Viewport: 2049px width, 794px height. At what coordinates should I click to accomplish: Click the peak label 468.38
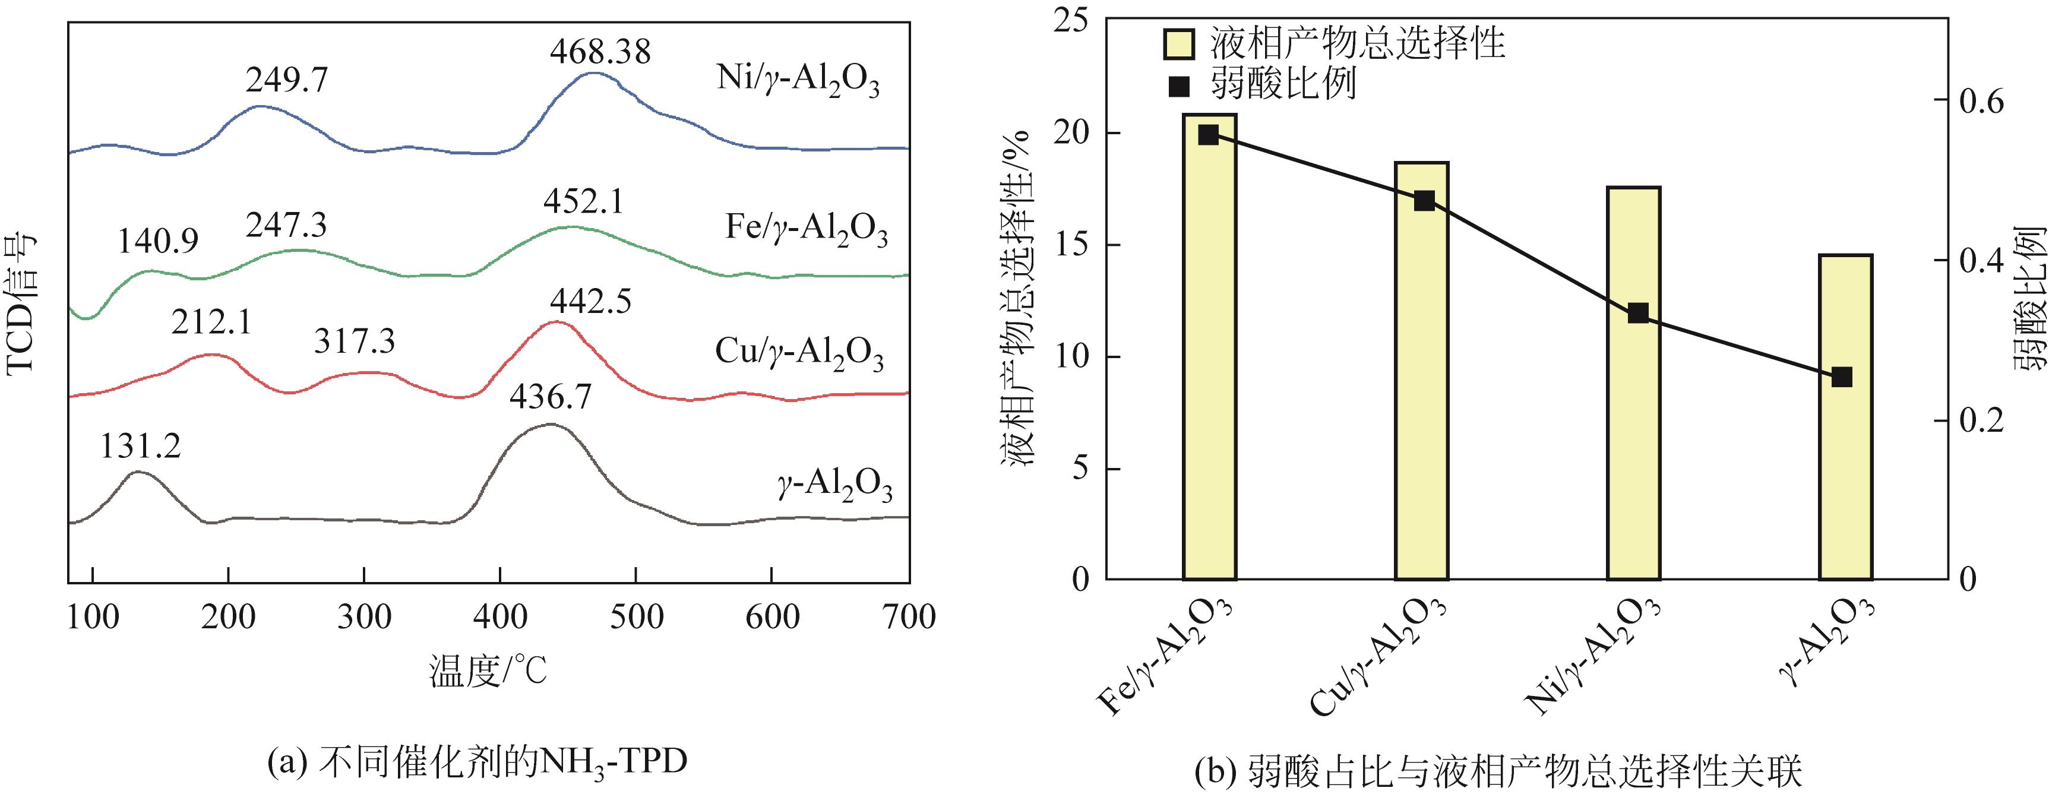click(x=600, y=52)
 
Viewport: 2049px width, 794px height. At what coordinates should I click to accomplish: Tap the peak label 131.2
click(x=140, y=447)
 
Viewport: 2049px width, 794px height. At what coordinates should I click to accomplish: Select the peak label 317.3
click(x=354, y=341)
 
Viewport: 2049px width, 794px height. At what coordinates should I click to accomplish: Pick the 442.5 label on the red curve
click(x=590, y=302)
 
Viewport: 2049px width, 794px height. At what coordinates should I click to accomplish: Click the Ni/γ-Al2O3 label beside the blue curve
click(x=798, y=83)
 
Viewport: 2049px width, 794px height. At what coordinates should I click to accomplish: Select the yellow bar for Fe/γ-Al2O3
click(x=1209, y=350)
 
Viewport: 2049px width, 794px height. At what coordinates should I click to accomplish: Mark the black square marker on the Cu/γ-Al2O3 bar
click(x=1424, y=201)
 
